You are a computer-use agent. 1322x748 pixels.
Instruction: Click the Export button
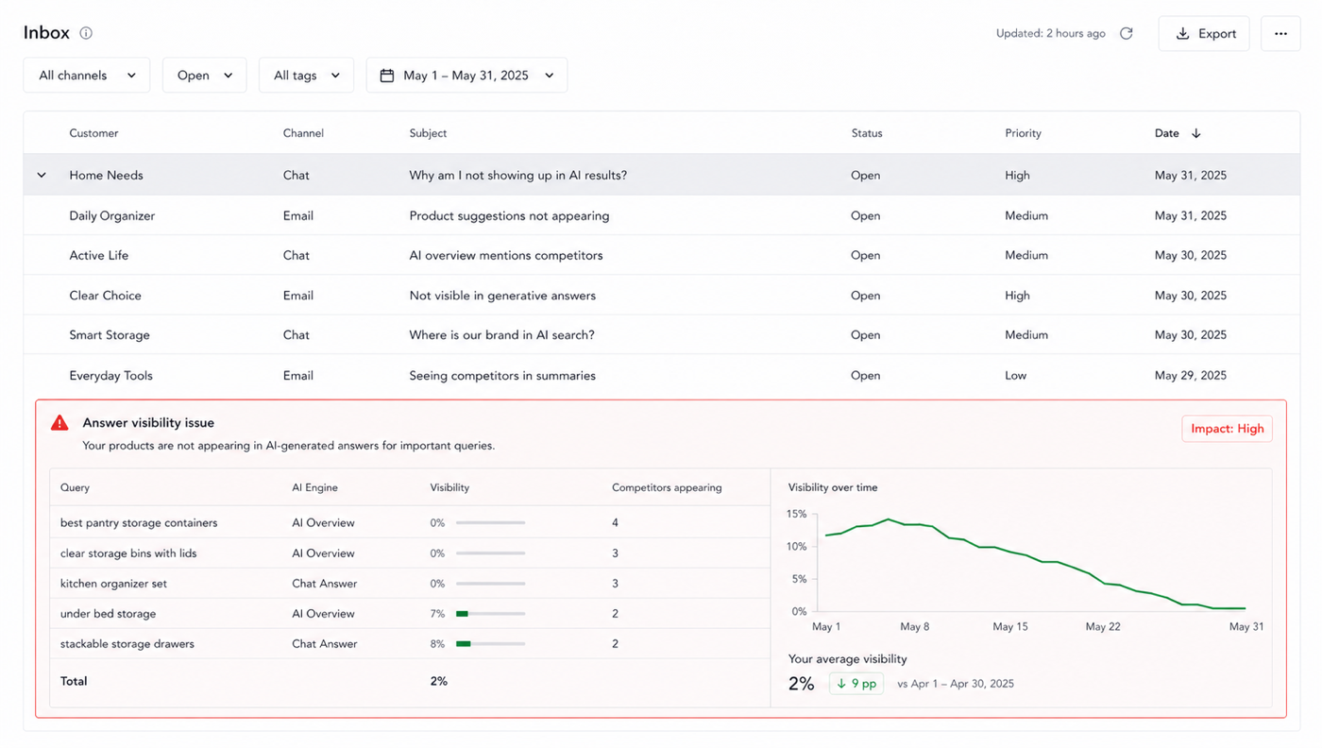(1204, 34)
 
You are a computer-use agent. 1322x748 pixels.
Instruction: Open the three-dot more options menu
(1280, 34)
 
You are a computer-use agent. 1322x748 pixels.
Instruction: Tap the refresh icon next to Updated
(1127, 34)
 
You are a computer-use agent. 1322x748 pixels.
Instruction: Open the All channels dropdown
(87, 75)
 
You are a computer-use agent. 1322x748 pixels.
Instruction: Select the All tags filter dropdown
(306, 75)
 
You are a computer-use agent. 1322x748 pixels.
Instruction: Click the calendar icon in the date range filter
(387, 76)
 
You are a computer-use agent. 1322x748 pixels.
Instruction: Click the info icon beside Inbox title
(86, 33)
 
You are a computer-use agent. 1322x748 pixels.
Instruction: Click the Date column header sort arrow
(1196, 133)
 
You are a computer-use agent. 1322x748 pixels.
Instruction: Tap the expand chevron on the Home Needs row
(42, 176)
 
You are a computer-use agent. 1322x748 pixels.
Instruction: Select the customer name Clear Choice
(105, 296)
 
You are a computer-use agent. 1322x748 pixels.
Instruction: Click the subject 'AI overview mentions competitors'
(506, 255)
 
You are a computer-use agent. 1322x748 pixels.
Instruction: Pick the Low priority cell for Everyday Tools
(1016, 376)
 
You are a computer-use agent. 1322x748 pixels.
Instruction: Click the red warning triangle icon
(59, 423)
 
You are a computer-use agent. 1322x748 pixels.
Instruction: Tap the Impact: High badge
(1227, 429)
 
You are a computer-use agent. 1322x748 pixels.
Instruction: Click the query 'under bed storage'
(108, 613)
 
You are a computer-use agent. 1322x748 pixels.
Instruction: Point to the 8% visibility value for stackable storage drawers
(437, 643)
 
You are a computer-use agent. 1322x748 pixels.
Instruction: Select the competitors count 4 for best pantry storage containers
(615, 522)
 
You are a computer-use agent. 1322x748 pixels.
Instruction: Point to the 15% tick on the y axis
(796, 514)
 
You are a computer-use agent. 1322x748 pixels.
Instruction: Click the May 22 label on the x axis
(1103, 626)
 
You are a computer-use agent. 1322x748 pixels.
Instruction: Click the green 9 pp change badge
(856, 684)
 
